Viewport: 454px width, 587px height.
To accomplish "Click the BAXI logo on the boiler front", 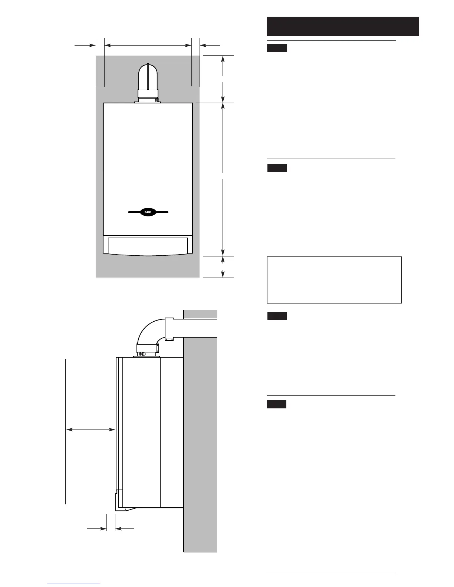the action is coord(148,212).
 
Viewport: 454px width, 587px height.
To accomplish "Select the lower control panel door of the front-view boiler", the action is coord(148,245).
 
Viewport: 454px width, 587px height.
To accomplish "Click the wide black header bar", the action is coord(343,26).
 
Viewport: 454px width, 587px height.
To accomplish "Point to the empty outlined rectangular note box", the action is coord(334,280).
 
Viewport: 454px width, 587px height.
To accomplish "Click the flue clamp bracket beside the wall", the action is coord(169,329).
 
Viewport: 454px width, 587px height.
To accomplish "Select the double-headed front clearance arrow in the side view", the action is coord(91,430).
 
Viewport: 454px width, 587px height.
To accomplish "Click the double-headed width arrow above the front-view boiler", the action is coord(148,45).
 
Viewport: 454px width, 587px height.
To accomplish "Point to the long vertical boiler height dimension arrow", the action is coord(223,178).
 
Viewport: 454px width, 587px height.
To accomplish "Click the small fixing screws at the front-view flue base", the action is coord(157,100).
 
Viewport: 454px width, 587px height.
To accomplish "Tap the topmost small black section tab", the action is coord(277,48).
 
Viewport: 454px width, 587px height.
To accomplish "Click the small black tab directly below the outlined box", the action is coord(277,316).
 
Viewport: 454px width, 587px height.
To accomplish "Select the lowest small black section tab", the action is coord(276,404).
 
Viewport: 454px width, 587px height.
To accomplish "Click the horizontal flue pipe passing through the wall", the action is coord(197,328).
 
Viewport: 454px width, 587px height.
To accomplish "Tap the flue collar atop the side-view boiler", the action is coord(147,349).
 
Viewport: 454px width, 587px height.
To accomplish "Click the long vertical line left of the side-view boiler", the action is coord(66,430).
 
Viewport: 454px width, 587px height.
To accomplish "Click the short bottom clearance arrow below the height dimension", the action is coord(223,267).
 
